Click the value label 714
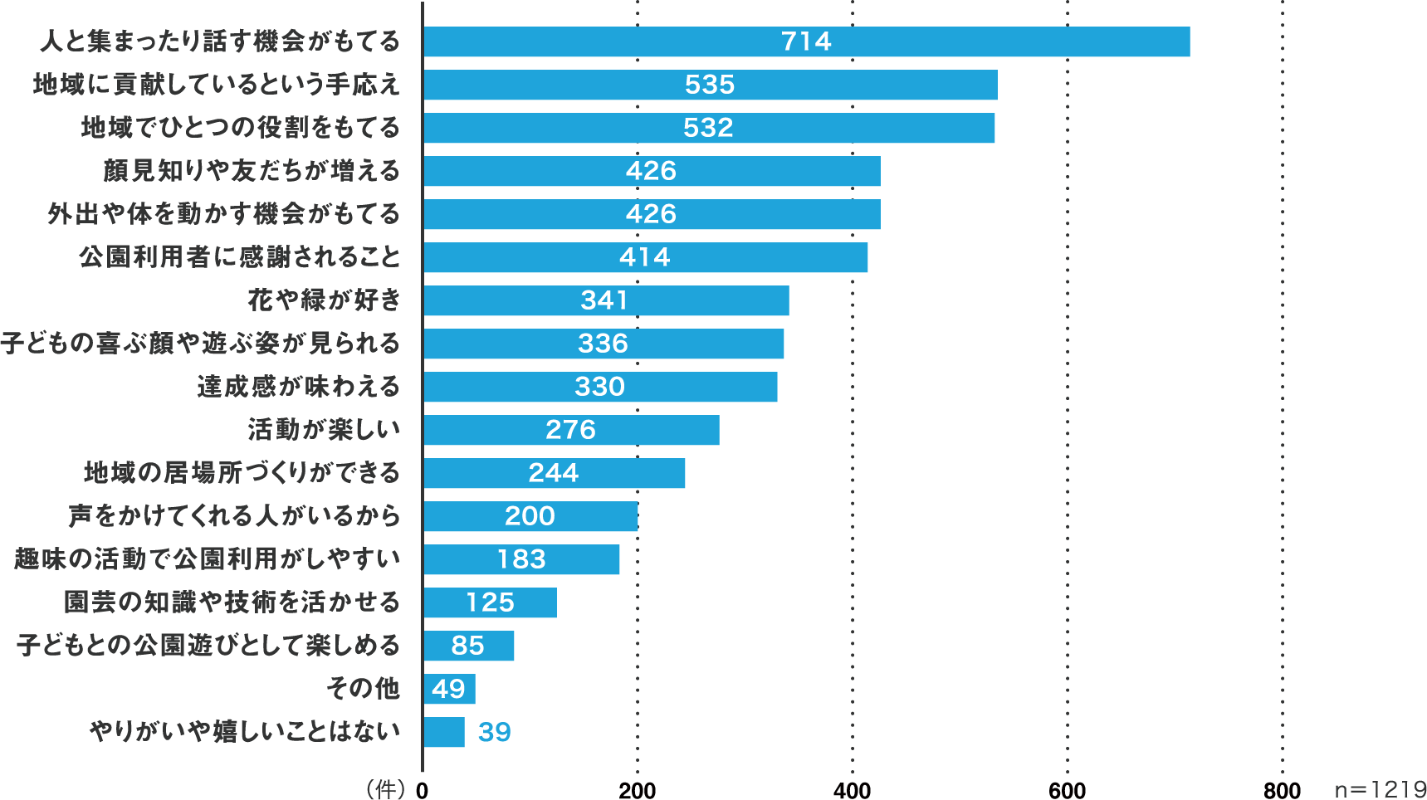[x=806, y=41]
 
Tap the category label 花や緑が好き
[x=324, y=300]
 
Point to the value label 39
[x=495, y=732]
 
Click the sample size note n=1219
[x=1380, y=789]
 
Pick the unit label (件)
[x=385, y=788]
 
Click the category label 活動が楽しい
[x=324, y=429]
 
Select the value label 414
[x=644, y=257]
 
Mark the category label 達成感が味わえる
[x=298, y=386]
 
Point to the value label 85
[x=467, y=646]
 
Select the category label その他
[x=363, y=688]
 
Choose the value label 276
[x=570, y=430]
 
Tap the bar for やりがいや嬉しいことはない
[x=444, y=732]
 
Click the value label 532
[x=708, y=128]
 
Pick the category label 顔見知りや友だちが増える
[x=252, y=170]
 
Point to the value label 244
[x=554, y=473]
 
